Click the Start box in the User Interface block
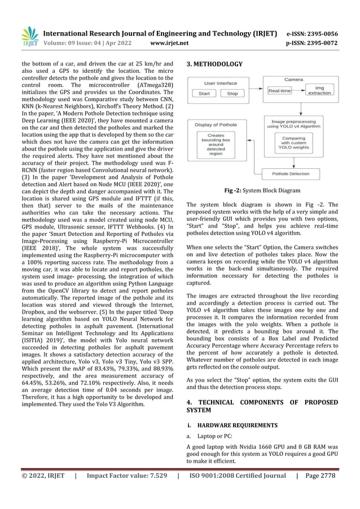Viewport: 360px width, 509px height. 205,94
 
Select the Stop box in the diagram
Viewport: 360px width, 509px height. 232,94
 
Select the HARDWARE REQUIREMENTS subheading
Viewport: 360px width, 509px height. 229,424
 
